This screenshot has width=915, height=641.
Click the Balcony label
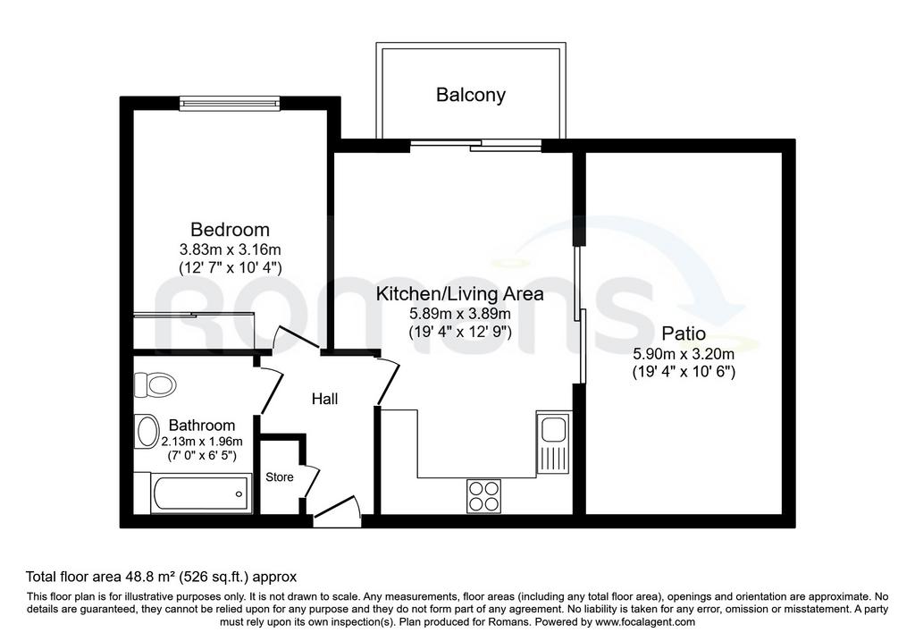tap(470, 95)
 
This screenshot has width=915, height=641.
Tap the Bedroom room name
tap(230, 230)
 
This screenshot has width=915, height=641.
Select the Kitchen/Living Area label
tap(459, 293)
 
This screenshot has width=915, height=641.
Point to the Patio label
tap(684, 333)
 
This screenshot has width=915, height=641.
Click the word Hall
tap(324, 399)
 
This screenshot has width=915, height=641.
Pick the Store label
tap(279, 477)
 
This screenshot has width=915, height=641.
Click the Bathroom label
tap(201, 425)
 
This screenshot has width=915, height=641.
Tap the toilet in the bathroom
tap(155, 384)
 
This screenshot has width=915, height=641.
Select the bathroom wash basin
tap(147, 432)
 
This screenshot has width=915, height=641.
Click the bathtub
tap(200, 493)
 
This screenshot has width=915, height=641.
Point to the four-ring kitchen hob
tap(483, 496)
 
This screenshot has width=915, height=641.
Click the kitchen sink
tap(553, 442)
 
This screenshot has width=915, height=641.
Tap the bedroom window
tap(230, 104)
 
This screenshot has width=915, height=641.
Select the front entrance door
tap(337, 511)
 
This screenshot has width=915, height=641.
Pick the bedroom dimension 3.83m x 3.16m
tap(230, 249)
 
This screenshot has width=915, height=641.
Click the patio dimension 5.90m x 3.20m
tap(684, 354)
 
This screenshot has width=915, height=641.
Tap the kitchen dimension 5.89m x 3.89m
tap(460, 314)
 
